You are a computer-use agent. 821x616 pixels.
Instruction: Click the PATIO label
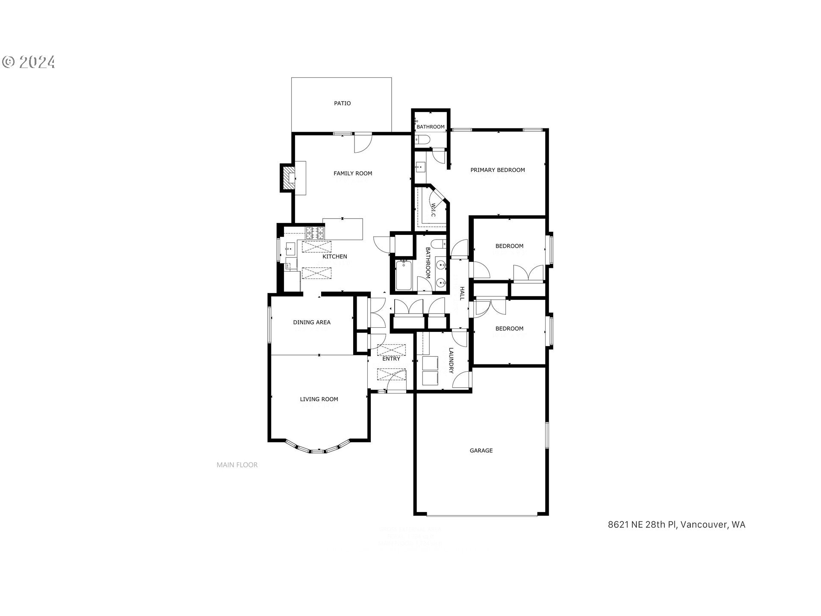[x=342, y=103]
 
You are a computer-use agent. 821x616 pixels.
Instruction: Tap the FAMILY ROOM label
[x=353, y=173]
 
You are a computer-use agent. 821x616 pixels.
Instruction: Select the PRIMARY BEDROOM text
[x=497, y=170]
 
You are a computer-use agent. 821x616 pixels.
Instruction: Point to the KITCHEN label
[x=335, y=256]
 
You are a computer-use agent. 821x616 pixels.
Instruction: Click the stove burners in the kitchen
[x=314, y=233]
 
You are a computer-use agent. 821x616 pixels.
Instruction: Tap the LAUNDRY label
[x=451, y=360]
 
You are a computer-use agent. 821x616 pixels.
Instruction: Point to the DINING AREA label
[x=312, y=322]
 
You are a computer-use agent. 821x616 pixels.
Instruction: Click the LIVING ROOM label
[x=319, y=399]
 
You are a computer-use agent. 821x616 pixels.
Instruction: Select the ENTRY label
[x=391, y=358]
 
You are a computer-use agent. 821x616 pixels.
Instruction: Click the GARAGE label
[x=481, y=450]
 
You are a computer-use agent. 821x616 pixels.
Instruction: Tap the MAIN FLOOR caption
[x=237, y=465]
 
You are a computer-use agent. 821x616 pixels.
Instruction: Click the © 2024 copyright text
[x=29, y=62]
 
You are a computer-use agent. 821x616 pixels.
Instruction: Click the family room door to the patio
[x=363, y=143]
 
